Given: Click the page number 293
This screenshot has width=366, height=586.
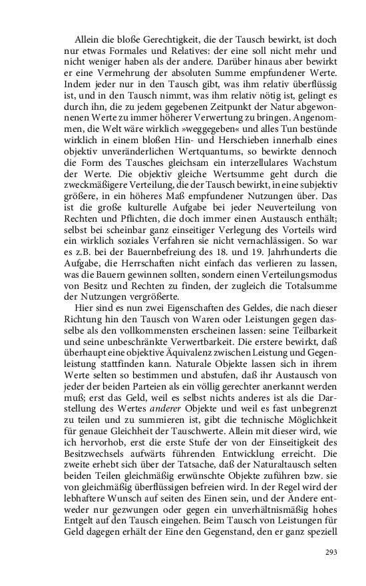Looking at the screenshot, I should point(332,552).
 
